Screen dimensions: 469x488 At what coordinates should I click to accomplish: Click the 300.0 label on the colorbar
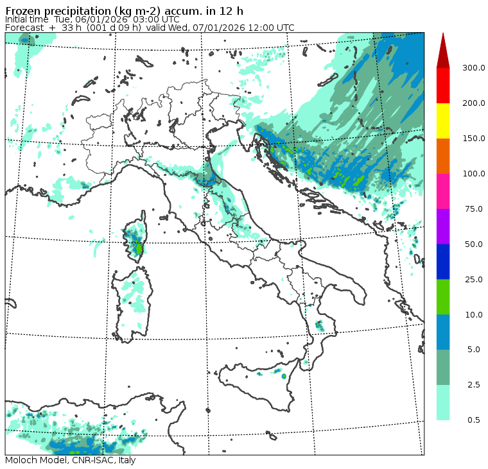[x=474, y=68]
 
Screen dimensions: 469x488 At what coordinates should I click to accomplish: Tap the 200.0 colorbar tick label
[x=474, y=103]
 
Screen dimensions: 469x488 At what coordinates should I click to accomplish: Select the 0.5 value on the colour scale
[x=474, y=420]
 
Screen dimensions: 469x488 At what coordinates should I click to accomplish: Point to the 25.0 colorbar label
[x=474, y=279]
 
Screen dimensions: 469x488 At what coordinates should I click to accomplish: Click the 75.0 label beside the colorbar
[x=474, y=209]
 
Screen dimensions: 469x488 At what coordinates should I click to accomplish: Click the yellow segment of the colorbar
[x=443, y=121]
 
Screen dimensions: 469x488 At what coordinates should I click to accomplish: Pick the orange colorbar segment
[x=443, y=156]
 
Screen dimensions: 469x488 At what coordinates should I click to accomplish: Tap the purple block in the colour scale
[x=443, y=226]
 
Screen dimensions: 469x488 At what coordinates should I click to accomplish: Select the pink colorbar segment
[x=443, y=191]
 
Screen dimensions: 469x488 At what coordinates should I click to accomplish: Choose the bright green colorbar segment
[x=443, y=296]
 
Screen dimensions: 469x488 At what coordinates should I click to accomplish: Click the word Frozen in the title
[x=24, y=10]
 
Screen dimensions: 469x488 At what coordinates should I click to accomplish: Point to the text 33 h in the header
[x=69, y=28]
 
